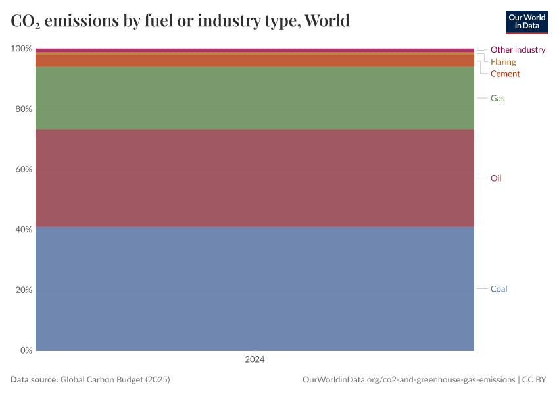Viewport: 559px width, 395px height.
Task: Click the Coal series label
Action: click(498, 289)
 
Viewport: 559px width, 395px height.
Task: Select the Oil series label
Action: click(496, 178)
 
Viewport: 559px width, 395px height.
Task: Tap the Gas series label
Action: click(497, 98)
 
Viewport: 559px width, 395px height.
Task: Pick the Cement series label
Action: click(505, 74)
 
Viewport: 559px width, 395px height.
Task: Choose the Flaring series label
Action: click(503, 62)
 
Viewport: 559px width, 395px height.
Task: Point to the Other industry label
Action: click(518, 49)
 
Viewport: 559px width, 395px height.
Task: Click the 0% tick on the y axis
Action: click(24, 350)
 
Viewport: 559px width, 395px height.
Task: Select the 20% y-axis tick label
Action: click(22, 290)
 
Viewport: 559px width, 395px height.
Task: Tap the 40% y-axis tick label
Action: click(22, 230)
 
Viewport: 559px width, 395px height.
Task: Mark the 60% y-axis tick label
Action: click(22, 169)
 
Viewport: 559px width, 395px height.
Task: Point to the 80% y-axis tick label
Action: click(22, 109)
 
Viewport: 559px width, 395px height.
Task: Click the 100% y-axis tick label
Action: click(21, 49)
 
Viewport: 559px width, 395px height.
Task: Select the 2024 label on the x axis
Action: click(255, 360)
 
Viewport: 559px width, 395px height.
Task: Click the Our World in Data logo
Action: click(526, 22)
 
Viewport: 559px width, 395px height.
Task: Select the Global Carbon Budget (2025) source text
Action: click(115, 380)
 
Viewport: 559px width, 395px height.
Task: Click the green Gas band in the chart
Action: click(255, 98)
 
